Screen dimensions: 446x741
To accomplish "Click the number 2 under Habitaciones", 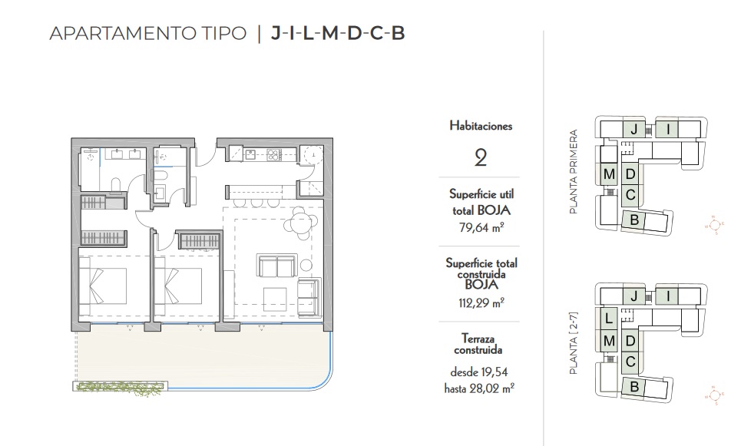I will pyautogui.click(x=480, y=158).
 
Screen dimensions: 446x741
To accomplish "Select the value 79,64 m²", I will pyautogui.click(x=480, y=227).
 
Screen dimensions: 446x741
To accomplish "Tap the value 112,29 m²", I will pyautogui.click(x=480, y=302).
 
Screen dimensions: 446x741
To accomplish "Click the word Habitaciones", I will pyautogui.click(x=480, y=126).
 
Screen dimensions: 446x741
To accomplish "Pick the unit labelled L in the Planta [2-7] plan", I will pyautogui.click(x=607, y=318).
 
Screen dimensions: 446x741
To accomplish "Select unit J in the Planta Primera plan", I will pyautogui.click(x=633, y=130).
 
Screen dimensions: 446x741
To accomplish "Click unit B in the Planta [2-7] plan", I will pyautogui.click(x=634, y=388).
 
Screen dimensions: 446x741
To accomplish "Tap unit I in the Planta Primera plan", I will pyautogui.click(x=669, y=130).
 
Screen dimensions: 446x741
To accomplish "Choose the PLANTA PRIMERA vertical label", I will pyautogui.click(x=574, y=170).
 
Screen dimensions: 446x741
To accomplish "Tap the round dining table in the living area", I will pyautogui.click(x=298, y=223).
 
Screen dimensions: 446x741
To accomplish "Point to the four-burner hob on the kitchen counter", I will pyautogui.click(x=271, y=154).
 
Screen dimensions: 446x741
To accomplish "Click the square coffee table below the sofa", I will pyautogui.click(x=274, y=296).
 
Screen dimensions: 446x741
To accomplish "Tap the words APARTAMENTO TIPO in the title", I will pyautogui.click(x=147, y=33).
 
